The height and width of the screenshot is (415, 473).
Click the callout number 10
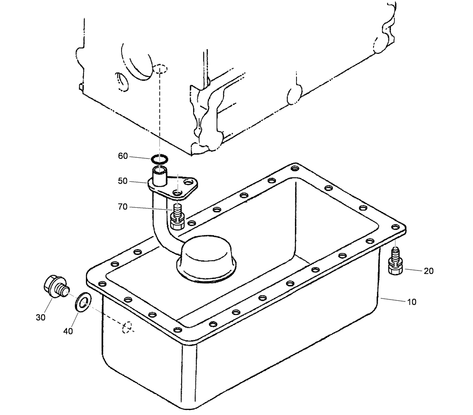412,302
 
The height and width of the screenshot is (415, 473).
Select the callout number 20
428,271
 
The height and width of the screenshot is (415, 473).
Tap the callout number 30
40,317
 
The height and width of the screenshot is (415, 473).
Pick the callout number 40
68,331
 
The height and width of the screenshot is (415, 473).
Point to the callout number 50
123,181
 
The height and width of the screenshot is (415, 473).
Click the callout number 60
123,156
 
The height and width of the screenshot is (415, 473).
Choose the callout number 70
123,207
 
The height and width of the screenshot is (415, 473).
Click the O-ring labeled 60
159,158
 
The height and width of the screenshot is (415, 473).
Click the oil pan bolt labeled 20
396,263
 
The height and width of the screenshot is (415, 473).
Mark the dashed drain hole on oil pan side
127,327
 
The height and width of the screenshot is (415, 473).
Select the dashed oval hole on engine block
160,69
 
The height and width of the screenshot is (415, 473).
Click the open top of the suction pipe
159,170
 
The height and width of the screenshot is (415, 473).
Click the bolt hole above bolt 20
395,227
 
